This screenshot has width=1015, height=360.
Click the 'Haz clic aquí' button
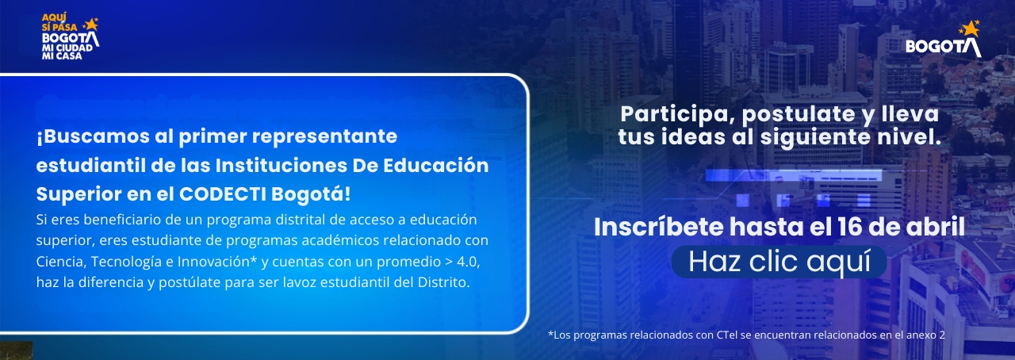click(x=779, y=261)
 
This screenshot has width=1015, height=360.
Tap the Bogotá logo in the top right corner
click(x=944, y=42)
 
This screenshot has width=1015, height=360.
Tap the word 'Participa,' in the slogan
click(x=669, y=114)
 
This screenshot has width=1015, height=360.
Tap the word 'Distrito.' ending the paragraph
click(x=445, y=282)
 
